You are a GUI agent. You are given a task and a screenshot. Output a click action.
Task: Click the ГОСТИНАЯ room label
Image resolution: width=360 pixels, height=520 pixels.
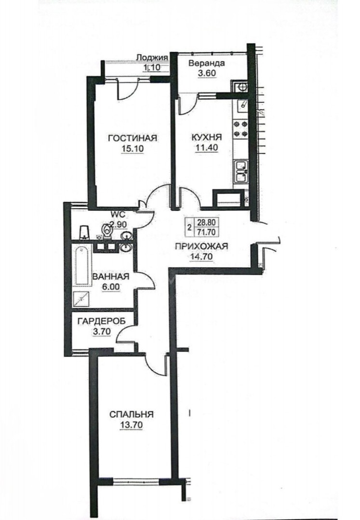click(133, 138)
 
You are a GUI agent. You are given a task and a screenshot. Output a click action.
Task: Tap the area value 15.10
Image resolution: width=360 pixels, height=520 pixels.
click(133, 149)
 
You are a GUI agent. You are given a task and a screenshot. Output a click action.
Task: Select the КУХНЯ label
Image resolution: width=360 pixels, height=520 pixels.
click(206, 137)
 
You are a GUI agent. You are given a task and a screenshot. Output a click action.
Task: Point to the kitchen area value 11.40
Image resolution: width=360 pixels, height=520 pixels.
click(206, 148)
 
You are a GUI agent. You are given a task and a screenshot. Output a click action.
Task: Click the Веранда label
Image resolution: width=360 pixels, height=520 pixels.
click(206, 63)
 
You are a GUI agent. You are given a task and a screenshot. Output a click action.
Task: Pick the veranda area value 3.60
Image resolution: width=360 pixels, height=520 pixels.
click(207, 74)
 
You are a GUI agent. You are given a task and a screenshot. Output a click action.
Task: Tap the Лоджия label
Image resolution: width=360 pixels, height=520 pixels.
click(152, 58)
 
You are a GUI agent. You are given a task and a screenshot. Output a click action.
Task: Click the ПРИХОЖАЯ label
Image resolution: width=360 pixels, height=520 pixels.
click(201, 246)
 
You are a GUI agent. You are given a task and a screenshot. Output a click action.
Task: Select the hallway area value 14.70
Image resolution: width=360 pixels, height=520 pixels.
click(201, 256)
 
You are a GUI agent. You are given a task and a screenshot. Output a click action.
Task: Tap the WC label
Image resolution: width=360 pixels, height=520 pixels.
click(119, 215)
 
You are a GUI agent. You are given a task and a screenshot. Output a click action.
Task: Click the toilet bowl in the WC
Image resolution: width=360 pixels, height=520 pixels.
click(107, 231)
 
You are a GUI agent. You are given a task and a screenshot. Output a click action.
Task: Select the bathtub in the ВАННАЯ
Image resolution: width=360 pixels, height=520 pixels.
click(82, 265)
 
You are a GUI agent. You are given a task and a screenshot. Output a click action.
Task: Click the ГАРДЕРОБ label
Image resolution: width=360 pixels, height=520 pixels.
click(102, 321)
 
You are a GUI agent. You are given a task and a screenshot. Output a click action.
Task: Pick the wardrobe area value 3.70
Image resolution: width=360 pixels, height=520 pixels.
click(101, 331)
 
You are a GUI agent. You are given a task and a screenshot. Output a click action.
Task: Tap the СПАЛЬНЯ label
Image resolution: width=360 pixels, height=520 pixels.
click(132, 414)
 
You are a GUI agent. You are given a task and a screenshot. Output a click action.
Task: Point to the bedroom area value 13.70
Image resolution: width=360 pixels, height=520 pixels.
click(132, 425)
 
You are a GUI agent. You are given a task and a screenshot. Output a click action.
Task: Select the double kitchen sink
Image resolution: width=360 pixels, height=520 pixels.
click(241, 171)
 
